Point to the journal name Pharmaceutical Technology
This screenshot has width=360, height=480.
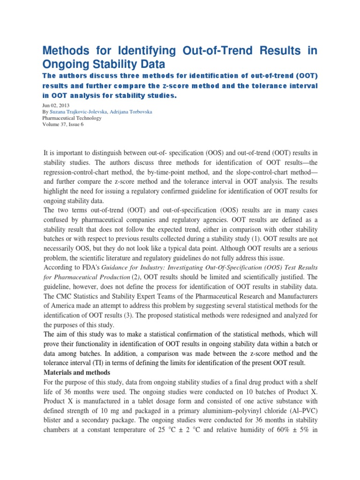pyautogui.click(x=72, y=118)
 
